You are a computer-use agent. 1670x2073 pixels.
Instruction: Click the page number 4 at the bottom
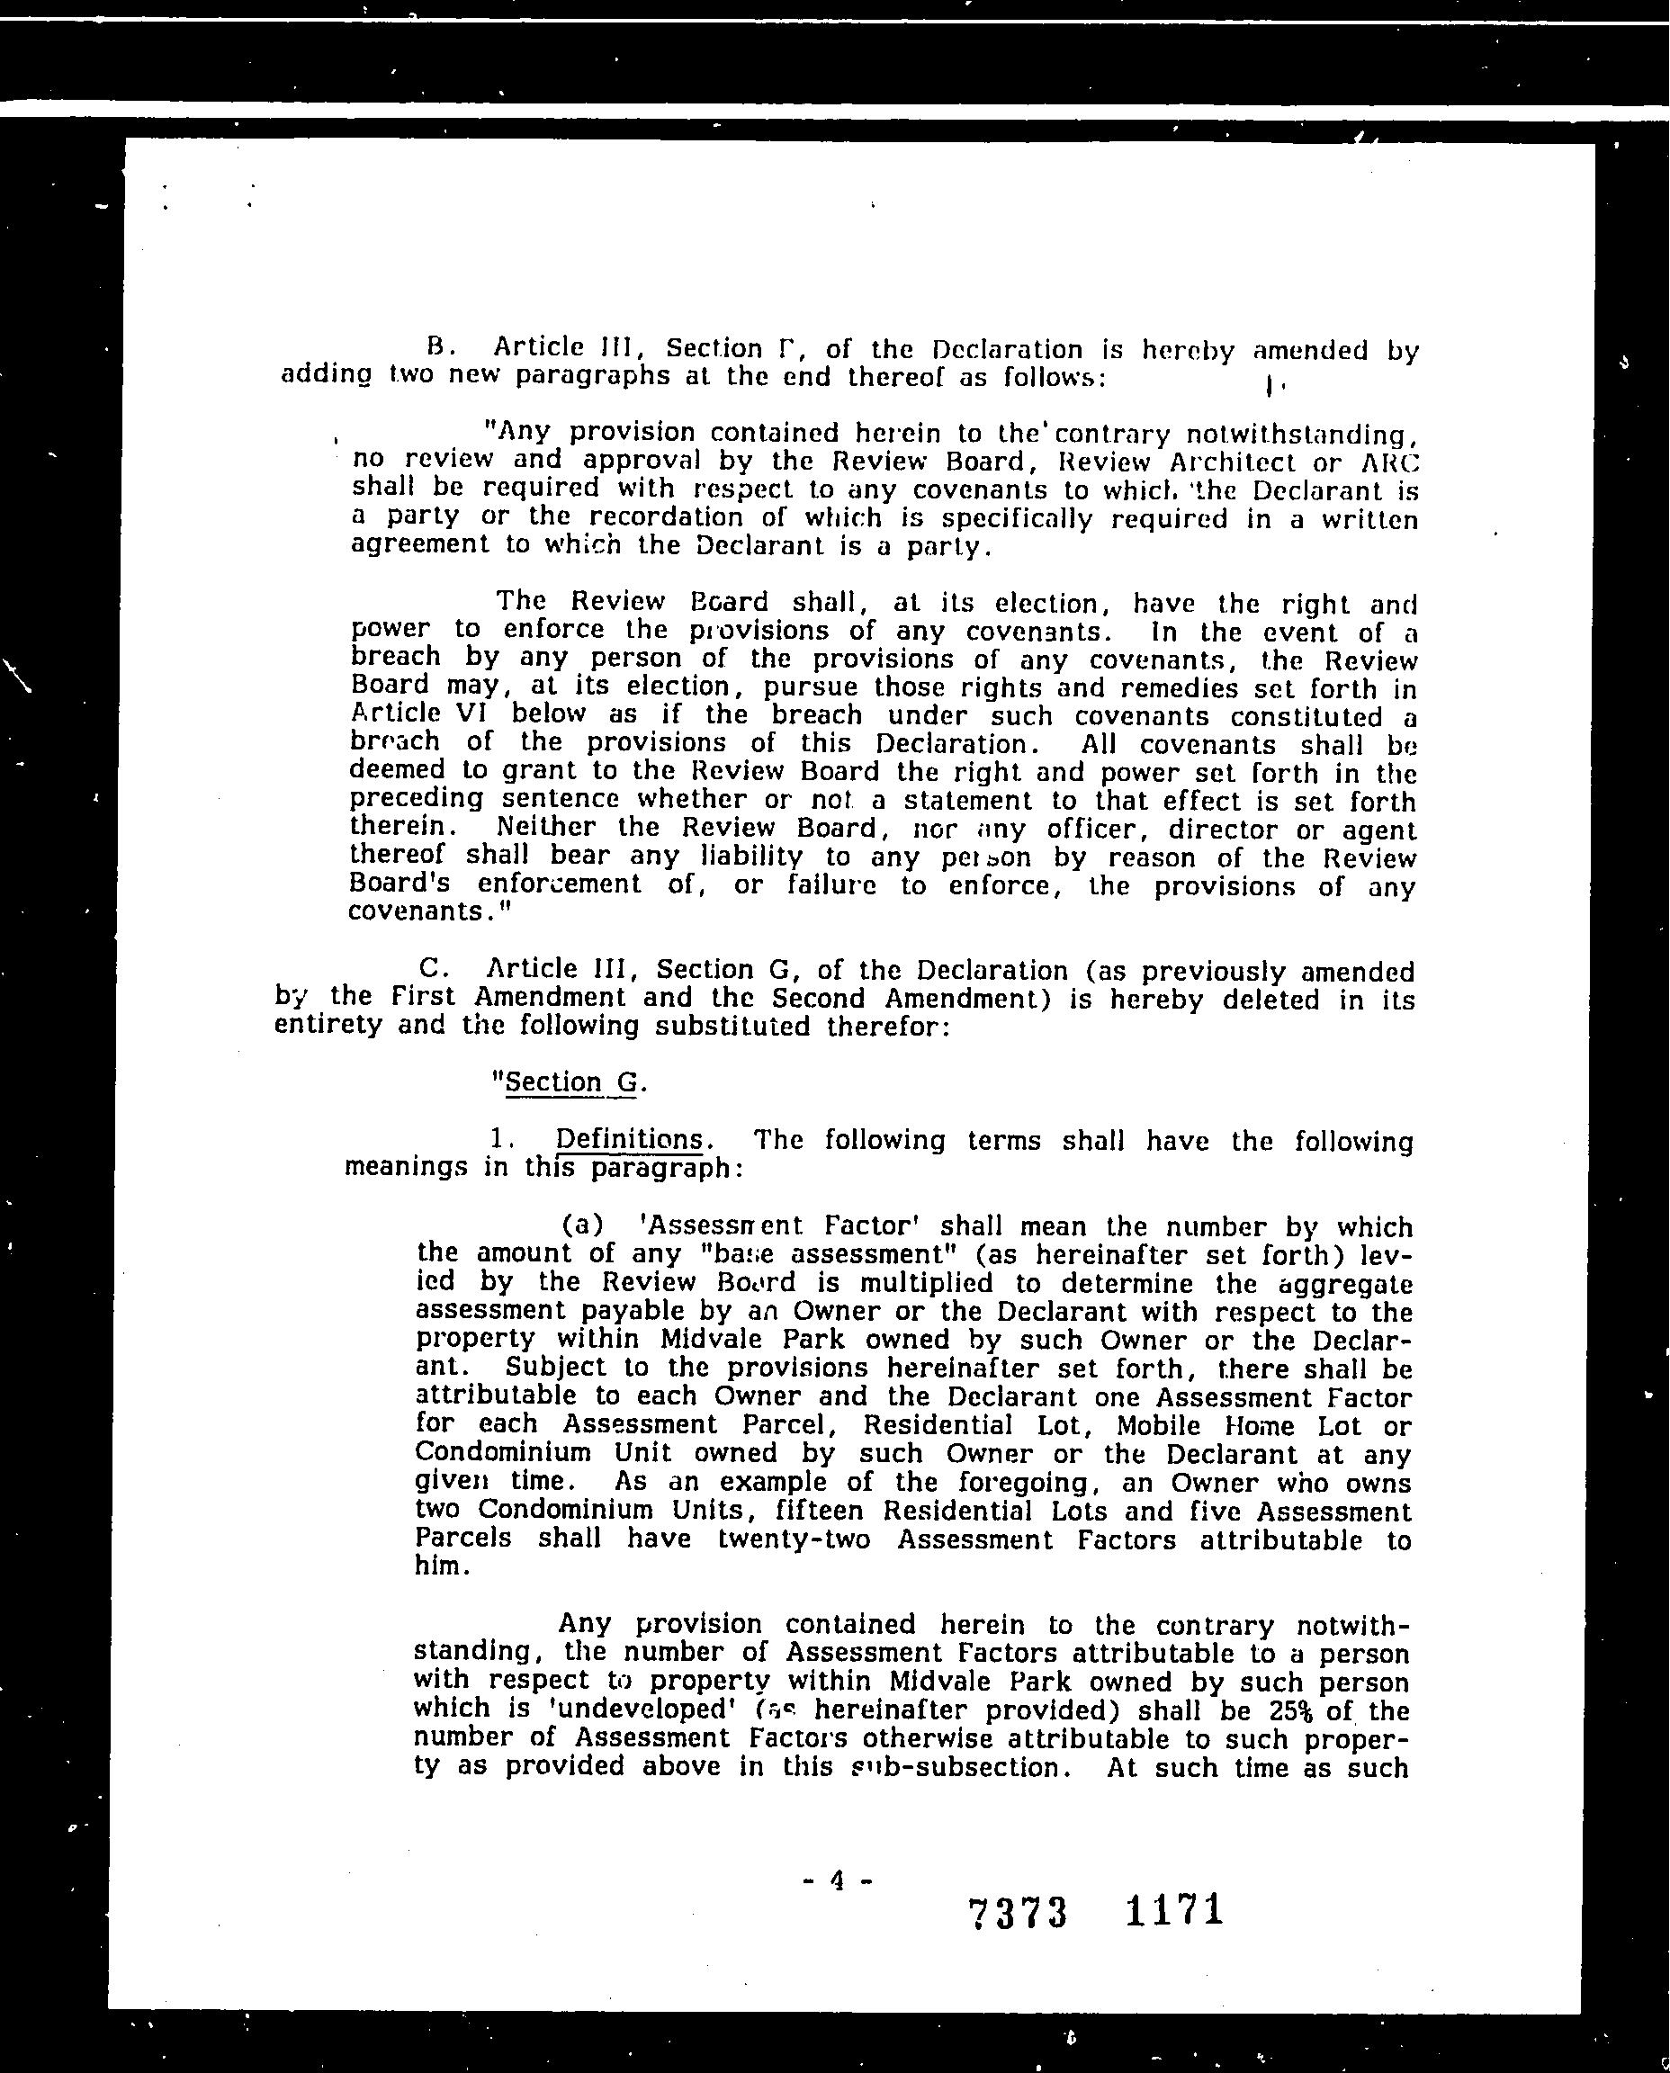coord(836,1880)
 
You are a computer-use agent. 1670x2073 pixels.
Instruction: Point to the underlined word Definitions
coord(629,1139)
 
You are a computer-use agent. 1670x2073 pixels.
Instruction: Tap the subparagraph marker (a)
coord(583,1225)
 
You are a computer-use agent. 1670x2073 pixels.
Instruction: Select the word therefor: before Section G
coord(889,1027)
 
